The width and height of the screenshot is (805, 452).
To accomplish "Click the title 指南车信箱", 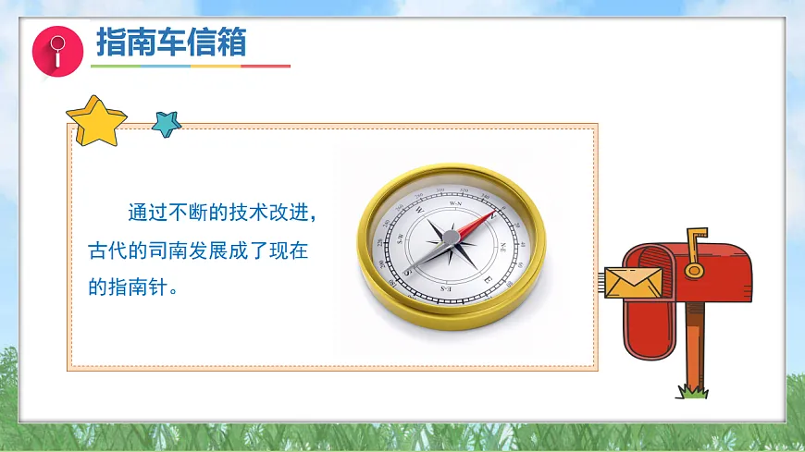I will click(x=171, y=43).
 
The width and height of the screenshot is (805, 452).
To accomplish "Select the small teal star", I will click(x=167, y=123).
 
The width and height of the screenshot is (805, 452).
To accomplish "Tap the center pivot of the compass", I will click(x=451, y=239).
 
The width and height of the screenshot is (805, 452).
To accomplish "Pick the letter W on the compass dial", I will click(x=419, y=209).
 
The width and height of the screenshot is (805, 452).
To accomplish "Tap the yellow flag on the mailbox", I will click(x=695, y=242).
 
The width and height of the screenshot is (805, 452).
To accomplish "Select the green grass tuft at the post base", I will click(x=692, y=392).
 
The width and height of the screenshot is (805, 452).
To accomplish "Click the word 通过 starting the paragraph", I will click(x=139, y=214).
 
